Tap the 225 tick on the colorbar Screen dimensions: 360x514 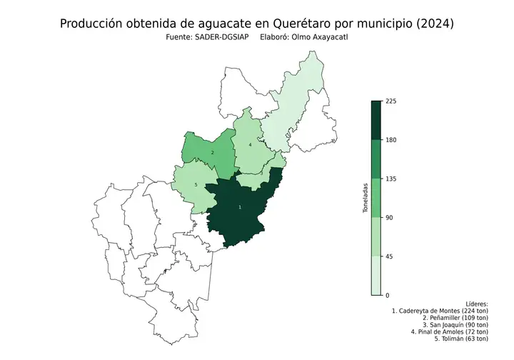tap(390, 101)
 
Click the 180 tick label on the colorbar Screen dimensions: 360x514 tap(390, 140)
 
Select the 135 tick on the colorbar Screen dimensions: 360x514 tap(390, 179)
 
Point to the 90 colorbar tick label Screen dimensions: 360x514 tap(389, 218)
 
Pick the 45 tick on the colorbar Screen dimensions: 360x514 tap(389, 256)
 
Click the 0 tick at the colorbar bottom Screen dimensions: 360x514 tap(387, 295)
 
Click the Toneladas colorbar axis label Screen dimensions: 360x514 tap(366, 198)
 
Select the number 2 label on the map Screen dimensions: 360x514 tap(213, 153)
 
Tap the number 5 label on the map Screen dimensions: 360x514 tap(196, 185)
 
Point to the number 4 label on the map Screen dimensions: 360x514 tap(250, 144)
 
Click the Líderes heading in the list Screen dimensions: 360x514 tap(476, 304)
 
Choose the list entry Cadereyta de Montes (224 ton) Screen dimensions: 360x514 tap(440, 311)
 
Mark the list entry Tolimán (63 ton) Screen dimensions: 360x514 tap(452, 339)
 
